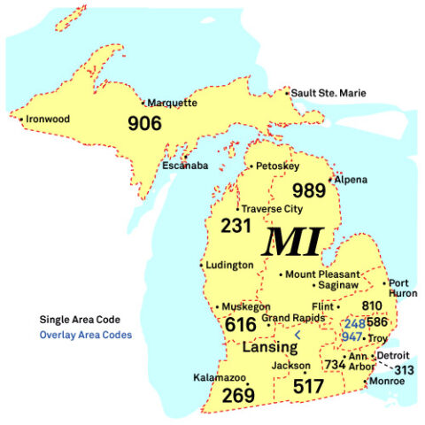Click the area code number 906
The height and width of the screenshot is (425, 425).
coord(145,123)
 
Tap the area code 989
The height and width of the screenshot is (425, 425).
coord(309,190)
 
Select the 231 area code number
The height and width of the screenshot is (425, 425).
coord(236,227)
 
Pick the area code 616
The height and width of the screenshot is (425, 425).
coord(241,325)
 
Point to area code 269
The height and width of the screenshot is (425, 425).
coord(238,396)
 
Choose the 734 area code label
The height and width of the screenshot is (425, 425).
coord(335,364)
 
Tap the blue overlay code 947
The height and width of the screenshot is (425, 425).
coord(353,337)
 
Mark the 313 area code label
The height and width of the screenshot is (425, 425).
coord(405,369)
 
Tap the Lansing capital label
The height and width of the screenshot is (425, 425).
coord(269,347)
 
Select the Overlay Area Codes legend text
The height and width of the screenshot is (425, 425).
coord(86,335)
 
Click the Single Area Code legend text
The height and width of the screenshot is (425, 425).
coord(80,319)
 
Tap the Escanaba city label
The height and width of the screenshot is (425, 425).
coord(187,165)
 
